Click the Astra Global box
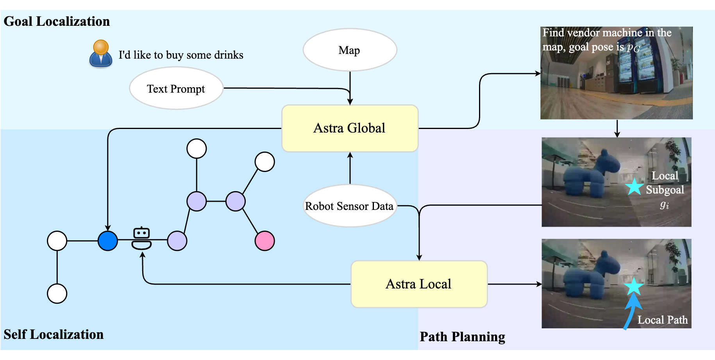click(x=350, y=128)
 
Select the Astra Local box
click(x=419, y=284)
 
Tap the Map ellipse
click(x=350, y=50)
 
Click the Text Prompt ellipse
click(x=176, y=89)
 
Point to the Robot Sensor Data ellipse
click(x=350, y=206)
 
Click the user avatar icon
click(x=101, y=54)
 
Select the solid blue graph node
click(x=108, y=241)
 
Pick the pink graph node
click(x=265, y=241)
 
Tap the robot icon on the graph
click(x=141, y=238)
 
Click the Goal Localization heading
click(x=57, y=21)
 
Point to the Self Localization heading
click(x=54, y=335)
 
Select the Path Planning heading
click(x=462, y=337)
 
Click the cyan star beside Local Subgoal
click(x=634, y=187)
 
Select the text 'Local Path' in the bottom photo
click(x=662, y=320)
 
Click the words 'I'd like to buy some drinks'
click(x=181, y=55)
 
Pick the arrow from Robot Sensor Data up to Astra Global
click(x=350, y=168)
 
